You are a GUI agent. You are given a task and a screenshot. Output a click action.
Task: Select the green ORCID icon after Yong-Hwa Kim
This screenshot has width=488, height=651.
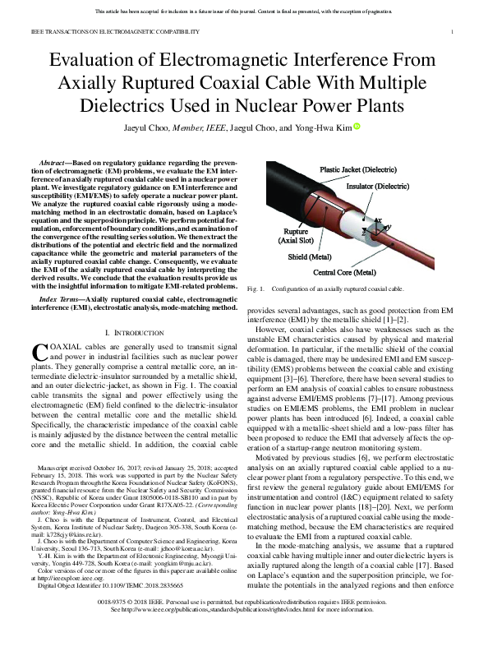click(357, 127)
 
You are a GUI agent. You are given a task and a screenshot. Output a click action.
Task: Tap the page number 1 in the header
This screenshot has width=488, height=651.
click(453, 31)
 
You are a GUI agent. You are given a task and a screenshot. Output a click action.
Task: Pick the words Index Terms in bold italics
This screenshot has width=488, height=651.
click(62, 301)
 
